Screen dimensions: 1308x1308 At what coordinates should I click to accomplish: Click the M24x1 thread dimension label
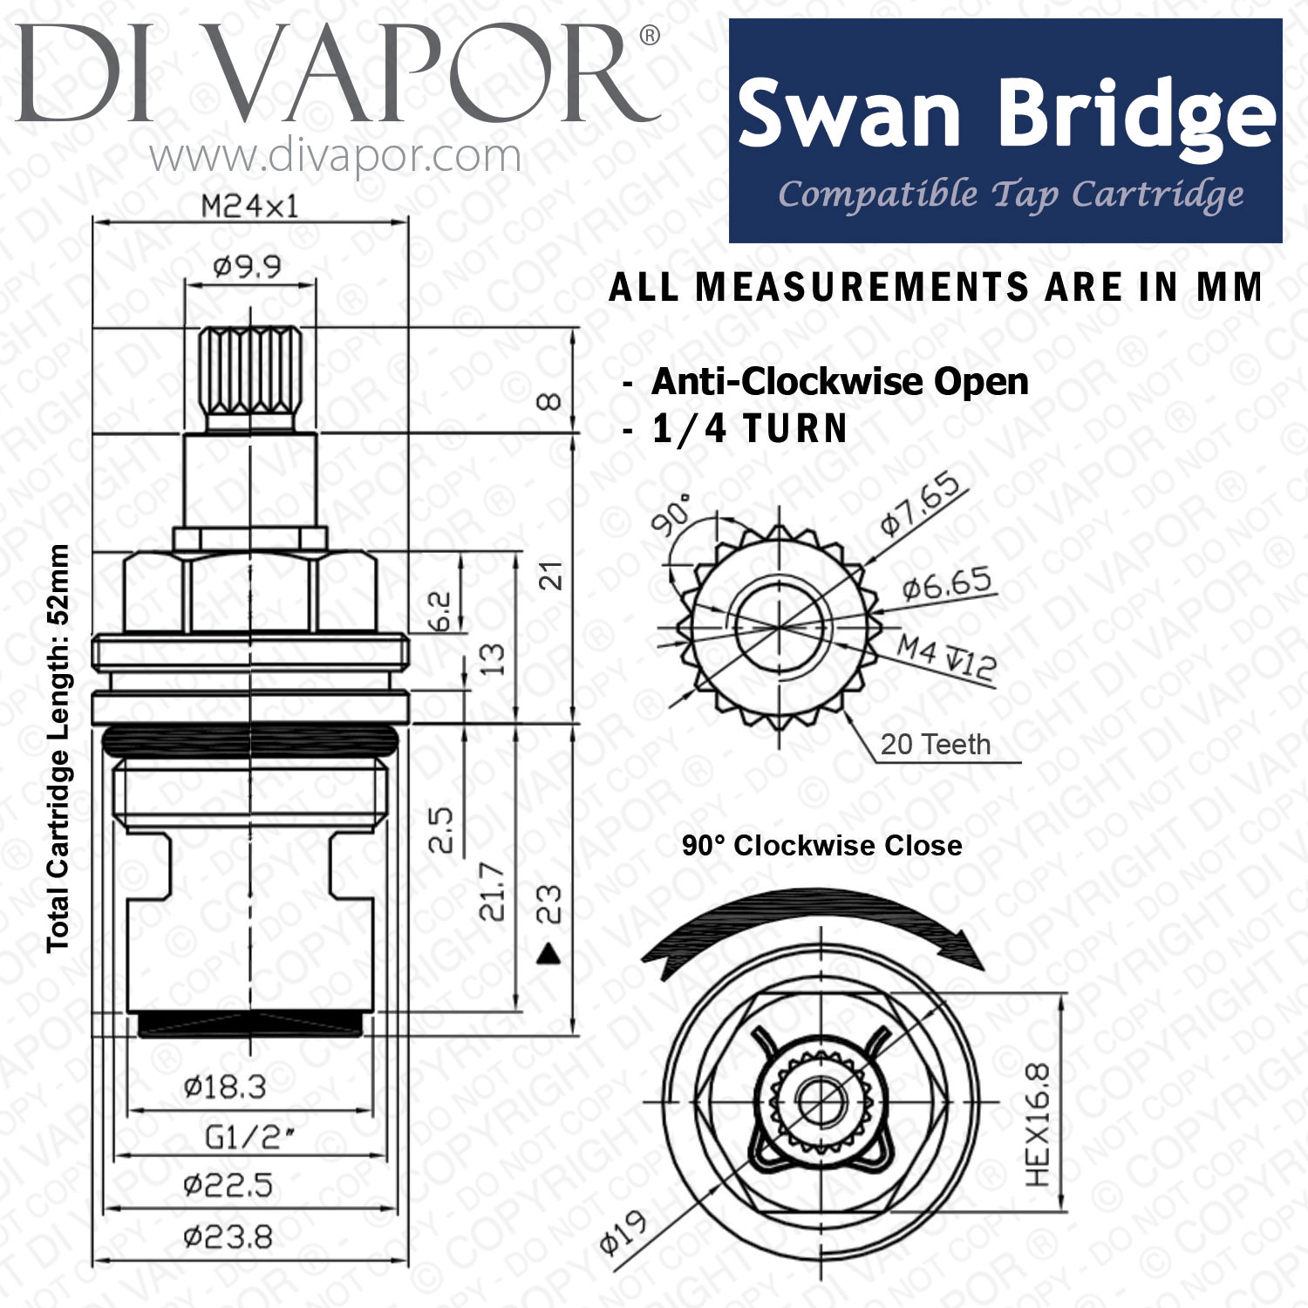[249, 207]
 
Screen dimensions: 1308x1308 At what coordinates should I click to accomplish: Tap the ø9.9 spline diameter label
[248, 267]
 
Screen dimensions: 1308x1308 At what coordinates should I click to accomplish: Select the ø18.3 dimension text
[225, 1087]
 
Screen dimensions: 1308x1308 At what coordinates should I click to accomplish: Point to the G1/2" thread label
[249, 1137]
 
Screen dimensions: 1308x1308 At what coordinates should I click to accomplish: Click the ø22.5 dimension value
[228, 1186]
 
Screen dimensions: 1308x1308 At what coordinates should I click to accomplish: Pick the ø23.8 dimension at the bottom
[228, 1236]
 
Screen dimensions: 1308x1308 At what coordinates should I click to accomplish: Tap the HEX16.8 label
[1038, 1125]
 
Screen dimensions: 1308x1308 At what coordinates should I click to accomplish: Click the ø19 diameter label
[623, 1232]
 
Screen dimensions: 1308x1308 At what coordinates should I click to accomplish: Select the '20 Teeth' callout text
[936, 745]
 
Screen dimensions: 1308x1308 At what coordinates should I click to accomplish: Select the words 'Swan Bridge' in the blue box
[1006, 114]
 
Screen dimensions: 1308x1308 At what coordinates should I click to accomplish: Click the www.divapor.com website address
[336, 157]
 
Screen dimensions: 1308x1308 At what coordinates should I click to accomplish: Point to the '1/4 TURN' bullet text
[750, 428]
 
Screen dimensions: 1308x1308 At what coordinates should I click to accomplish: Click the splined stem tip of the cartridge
[249, 379]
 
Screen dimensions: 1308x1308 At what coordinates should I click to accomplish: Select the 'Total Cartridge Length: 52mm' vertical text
[58, 748]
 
